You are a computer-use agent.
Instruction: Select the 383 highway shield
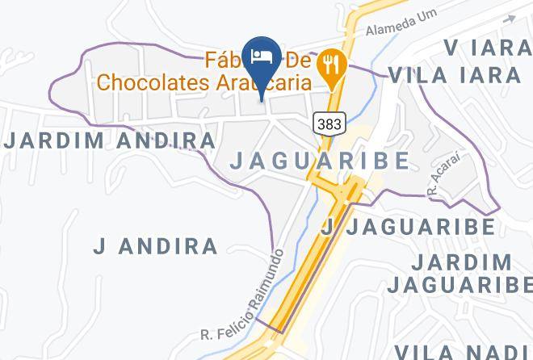[x=329, y=123]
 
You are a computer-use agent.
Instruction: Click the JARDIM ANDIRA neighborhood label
[x=110, y=140]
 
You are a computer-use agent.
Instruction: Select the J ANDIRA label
[x=155, y=246]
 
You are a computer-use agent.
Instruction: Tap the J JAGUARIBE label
[x=408, y=227]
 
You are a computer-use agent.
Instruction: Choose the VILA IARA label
[x=454, y=76]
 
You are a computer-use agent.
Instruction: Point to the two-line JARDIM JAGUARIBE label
[x=459, y=274]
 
